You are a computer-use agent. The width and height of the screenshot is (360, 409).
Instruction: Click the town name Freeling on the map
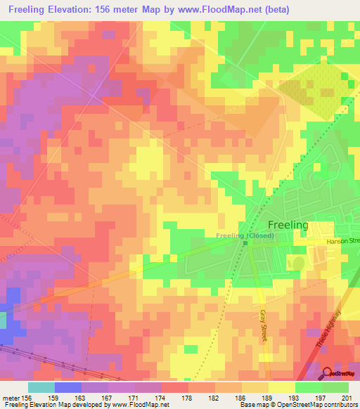pyautogui.click(x=288, y=225)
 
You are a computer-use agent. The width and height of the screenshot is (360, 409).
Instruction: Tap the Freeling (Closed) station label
pyautogui.click(x=245, y=235)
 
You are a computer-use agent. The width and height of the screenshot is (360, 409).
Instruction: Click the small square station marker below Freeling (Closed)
pyautogui.click(x=245, y=244)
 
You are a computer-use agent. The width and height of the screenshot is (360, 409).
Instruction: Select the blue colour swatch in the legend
pyautogui.click(x=67, y=387)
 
